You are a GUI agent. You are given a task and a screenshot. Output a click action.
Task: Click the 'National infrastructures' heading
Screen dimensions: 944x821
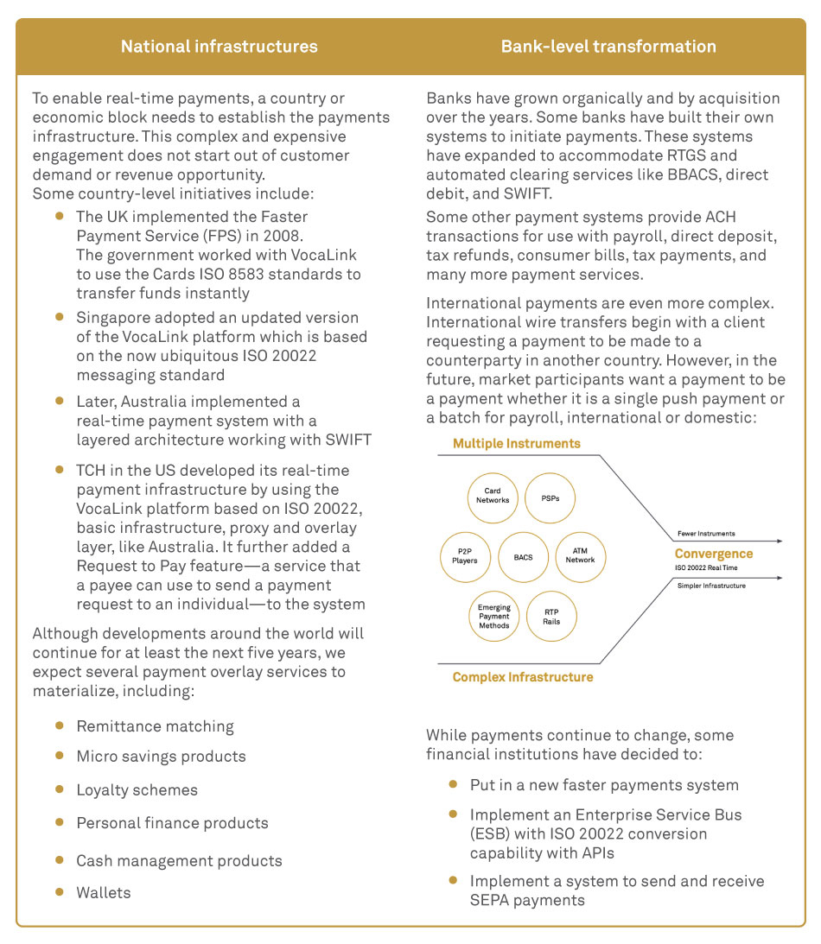pos(219,47)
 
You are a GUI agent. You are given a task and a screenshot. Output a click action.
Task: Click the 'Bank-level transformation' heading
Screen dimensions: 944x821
pos(608,47)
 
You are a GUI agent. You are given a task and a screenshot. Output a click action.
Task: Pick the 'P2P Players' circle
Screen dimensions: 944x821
pos(465,556)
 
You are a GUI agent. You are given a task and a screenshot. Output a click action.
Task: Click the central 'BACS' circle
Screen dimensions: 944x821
pos(523,557)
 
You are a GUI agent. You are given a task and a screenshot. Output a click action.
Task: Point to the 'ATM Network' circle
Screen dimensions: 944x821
pos(580,556)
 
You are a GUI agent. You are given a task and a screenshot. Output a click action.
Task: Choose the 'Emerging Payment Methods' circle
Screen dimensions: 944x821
pos(493,616)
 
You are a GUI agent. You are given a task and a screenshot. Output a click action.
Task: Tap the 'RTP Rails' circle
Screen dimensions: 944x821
pos(551,616)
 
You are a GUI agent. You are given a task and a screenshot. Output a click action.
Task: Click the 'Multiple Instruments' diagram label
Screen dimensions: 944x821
pos(517,444)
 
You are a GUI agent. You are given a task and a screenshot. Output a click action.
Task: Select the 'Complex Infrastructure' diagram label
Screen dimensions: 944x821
pos(523,677)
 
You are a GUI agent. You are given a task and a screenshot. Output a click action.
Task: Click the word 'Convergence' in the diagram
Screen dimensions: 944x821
pos(713,554)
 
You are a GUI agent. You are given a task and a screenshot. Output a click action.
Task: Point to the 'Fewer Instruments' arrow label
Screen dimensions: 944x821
pos(706,534)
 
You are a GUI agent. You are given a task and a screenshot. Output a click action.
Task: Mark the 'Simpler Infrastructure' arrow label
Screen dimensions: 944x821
pos(711,586)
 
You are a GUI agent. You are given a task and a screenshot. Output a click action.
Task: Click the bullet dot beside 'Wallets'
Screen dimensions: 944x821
pos(59,890)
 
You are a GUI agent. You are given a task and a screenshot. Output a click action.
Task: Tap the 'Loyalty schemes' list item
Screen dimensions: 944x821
pos(137,790)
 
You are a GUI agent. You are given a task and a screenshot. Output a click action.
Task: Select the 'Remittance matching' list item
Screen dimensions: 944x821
pos(155,726)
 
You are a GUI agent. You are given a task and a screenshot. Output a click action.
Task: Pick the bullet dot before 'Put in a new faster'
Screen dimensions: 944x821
pos(453,784)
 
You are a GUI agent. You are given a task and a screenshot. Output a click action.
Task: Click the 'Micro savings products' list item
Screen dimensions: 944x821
pos(161,757)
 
